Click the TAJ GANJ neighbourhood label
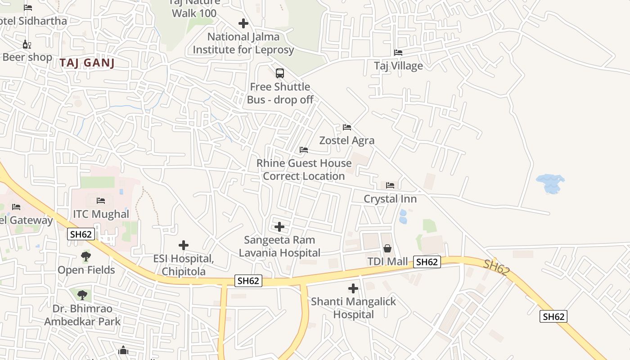tap(87, 63)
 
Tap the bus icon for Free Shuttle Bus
tap(279, 73)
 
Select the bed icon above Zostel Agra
tap(346, 127)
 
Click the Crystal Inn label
tap(390, 199)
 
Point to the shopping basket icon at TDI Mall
tap(387, 248)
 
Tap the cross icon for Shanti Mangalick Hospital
tap(353, 288)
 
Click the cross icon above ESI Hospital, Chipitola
tap(183, 245)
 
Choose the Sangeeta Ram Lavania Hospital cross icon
tap(279, 227)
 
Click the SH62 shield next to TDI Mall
tap(427, 262)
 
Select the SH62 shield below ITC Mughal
tap(81, 234)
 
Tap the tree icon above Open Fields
tap(85, 256)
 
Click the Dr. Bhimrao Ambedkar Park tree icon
tap(82, 295)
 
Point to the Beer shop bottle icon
tap(27, 44)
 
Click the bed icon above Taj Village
tap(398, 53)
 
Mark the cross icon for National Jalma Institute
tap(243, 23)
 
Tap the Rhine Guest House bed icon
tap(304, 150)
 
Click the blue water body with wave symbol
tap(550, 183)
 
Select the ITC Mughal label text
tap(101, 214)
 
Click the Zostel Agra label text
tap(346, 140)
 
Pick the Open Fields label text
tap(86, 270)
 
